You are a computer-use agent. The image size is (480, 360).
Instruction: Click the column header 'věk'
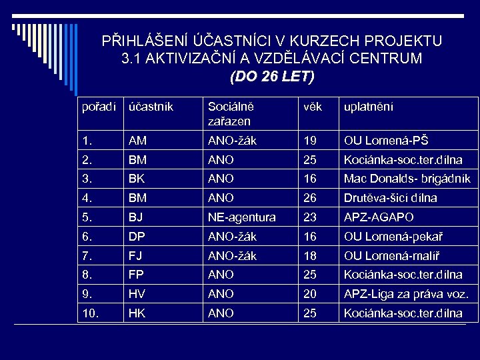tap(313, 107)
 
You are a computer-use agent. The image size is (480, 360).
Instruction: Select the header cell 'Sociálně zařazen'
tap(230, 113)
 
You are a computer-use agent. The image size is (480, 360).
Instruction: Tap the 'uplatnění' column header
tap(368, 107)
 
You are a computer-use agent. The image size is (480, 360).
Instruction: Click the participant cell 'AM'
tap(138, 141)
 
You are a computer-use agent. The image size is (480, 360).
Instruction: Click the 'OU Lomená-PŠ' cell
tap(386, 141)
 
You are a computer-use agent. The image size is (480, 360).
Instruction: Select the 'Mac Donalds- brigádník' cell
tap(407, 179)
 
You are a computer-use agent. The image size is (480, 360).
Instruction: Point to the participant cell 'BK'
tap(137, 179)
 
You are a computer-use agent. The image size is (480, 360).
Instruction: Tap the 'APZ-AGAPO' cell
tap(378, 217)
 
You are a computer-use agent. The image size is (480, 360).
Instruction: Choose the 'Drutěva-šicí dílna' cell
tap(390, 198)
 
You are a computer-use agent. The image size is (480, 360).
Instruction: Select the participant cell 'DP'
tap(137, 237)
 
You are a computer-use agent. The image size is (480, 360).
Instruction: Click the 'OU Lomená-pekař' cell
tap(393, 237)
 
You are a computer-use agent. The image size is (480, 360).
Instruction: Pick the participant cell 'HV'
tap(137, 294)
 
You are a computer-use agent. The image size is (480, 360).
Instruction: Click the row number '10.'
tap(89, 313)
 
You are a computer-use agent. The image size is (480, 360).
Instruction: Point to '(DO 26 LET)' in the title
tap(271, 77)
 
